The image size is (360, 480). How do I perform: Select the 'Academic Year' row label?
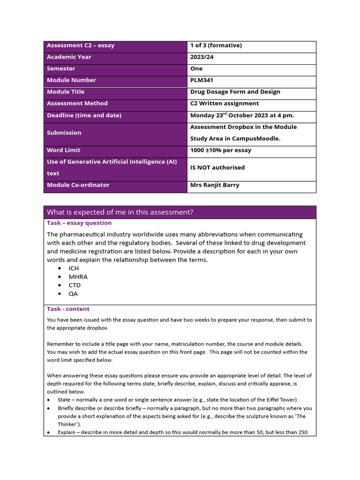pyautogui.click(x=69, y=57)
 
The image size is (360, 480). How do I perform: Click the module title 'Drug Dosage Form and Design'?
pyautogui.click(x=235, y=92)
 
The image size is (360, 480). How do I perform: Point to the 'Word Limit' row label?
pyautogui.click(x=63, y=150)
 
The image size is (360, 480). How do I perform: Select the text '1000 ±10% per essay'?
pyautogui.click(x=220, y=150)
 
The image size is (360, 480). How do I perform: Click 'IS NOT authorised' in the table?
pyautogui.click(x=217, y=167)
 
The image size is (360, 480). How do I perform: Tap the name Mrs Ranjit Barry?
pyautogui.click(x=215, y=185)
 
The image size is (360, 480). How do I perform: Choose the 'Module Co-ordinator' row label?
pyautogui.click(x=78, y=185)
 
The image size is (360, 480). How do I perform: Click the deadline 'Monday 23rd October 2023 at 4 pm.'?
pyautogui.click(x=242, y=115)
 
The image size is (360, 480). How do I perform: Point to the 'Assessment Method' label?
pyautogui.click(x=77, y=104)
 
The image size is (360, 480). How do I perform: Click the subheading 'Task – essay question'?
pyautogui.click(x=79, y=223)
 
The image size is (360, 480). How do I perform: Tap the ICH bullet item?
pyautogui.click(x=74, y=269)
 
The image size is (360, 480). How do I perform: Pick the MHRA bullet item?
pyautogui.click(x=78, y=277)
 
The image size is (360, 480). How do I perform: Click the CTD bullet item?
pyautogui.click(x=75, y=285)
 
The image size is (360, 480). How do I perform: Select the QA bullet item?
pyautogui.click(x=73, y=294)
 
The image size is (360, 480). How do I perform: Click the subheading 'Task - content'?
pyautogui.click(x=68, y=309)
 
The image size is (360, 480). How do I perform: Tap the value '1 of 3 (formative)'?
pyautogui.click(x=216, y=45)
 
